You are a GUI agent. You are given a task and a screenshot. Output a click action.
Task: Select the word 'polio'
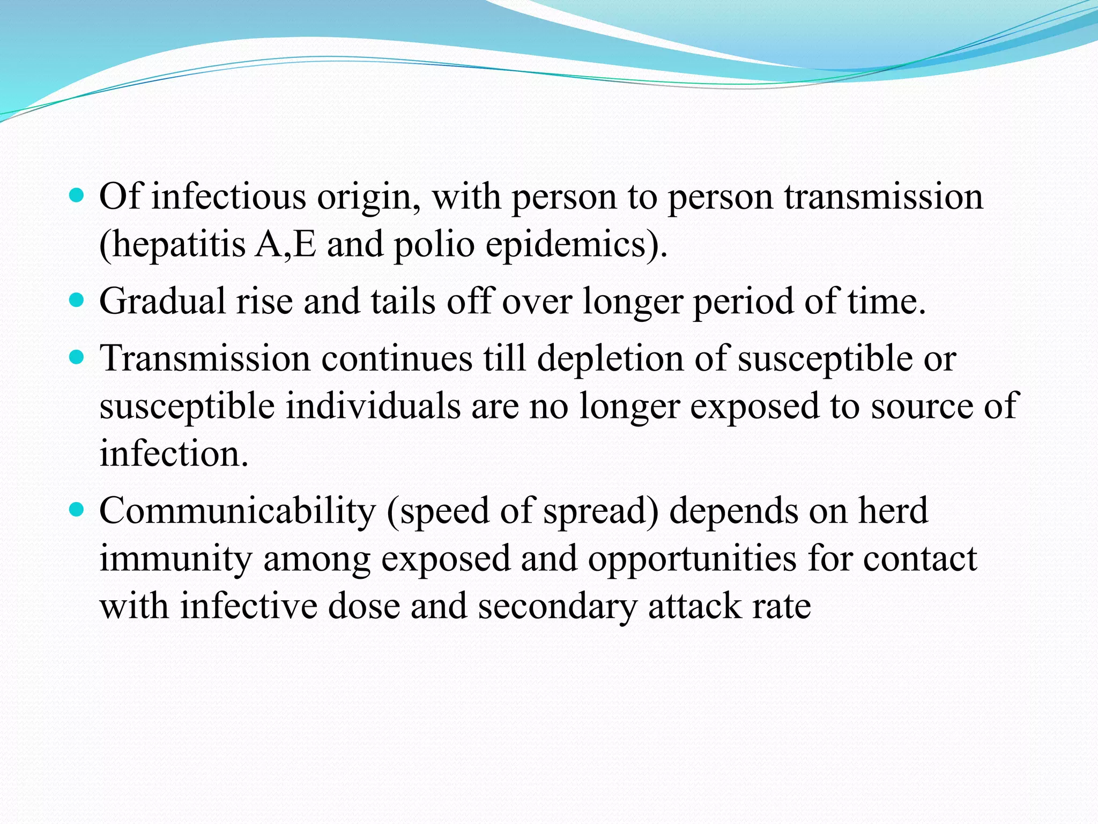(434, 245)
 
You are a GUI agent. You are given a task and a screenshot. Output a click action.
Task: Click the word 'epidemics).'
(577, 245)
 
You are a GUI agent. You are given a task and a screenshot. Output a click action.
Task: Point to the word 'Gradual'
(162, 301)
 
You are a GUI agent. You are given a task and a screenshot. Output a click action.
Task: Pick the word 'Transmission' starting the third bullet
(205, 358)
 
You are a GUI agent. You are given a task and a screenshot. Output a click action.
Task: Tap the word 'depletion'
(610, 358)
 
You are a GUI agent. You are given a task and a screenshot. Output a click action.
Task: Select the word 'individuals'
(373, 406)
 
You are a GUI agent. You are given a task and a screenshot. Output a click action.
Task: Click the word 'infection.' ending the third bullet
(174, 454)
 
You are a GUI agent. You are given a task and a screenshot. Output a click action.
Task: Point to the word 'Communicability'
(238, 511)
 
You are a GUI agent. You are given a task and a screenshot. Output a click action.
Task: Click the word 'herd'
(893, 511)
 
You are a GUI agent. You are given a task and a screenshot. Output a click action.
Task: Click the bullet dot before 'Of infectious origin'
(77, 195)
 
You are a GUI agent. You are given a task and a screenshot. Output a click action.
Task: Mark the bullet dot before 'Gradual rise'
(77, 299)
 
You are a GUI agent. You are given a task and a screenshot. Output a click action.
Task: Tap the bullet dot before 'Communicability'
(77, 509)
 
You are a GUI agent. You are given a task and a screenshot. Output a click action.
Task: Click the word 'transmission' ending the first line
(884, 197)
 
